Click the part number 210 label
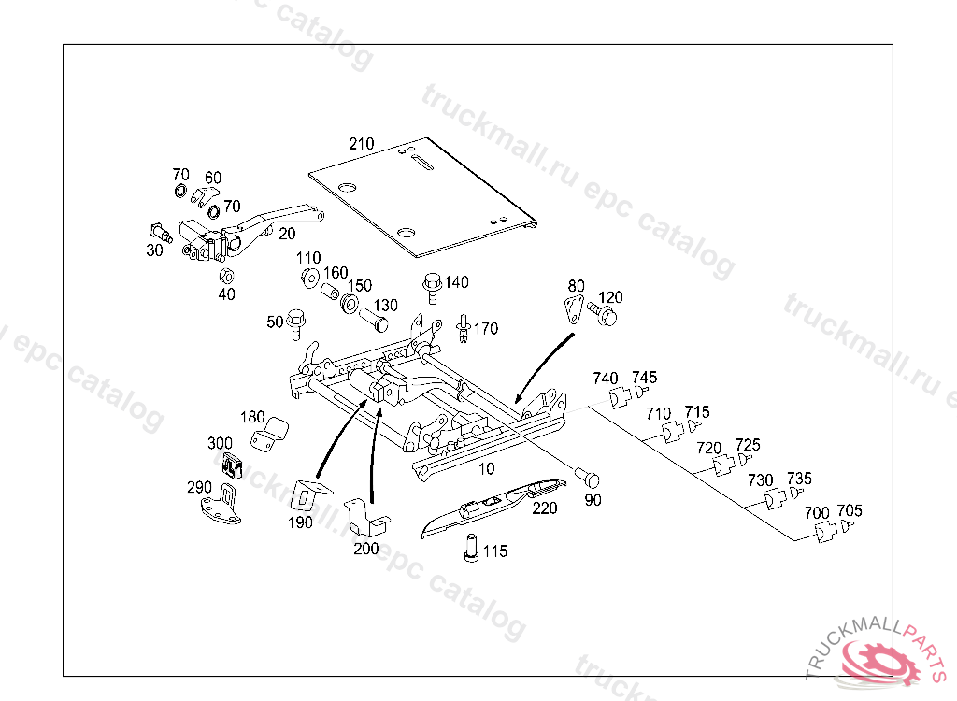point(362,144)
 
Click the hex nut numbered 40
point(225,276)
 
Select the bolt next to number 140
point(433,285)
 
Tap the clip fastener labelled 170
point(464,330)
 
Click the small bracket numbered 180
point(271,434)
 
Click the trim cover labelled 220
point(491,505)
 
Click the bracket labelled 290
point(221,505)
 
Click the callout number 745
point(644,378)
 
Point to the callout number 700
point(817,512)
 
